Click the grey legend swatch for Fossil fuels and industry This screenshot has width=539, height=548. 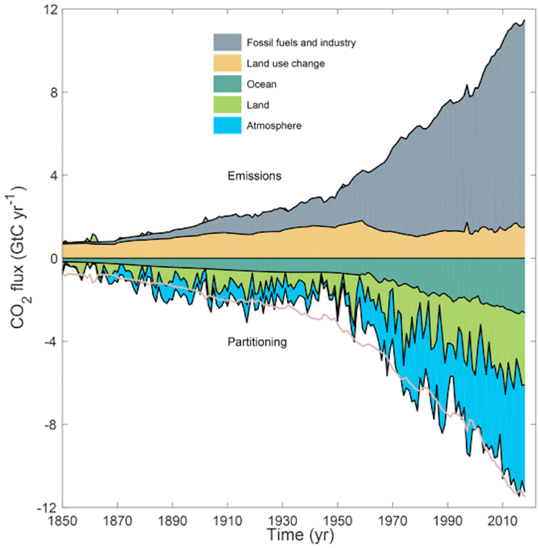pyautogui.click(x=229, y=42)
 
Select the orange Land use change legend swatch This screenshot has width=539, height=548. pyautogui.click(x=229, y=64)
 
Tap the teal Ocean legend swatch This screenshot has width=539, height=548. pyautogui.click(x=229, y=84)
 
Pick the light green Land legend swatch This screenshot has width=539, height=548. pyautogui.click(x=229, y=105)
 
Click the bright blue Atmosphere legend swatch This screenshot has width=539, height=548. pyautogui.click(x=229, y=126)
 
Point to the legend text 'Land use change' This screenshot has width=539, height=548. pyautogui.click(x=286, y=64)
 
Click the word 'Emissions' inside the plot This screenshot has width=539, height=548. pyautogui.click(x=252, y=175)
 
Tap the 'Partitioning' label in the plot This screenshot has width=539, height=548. pyautogui.click(x=256, y=343)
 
